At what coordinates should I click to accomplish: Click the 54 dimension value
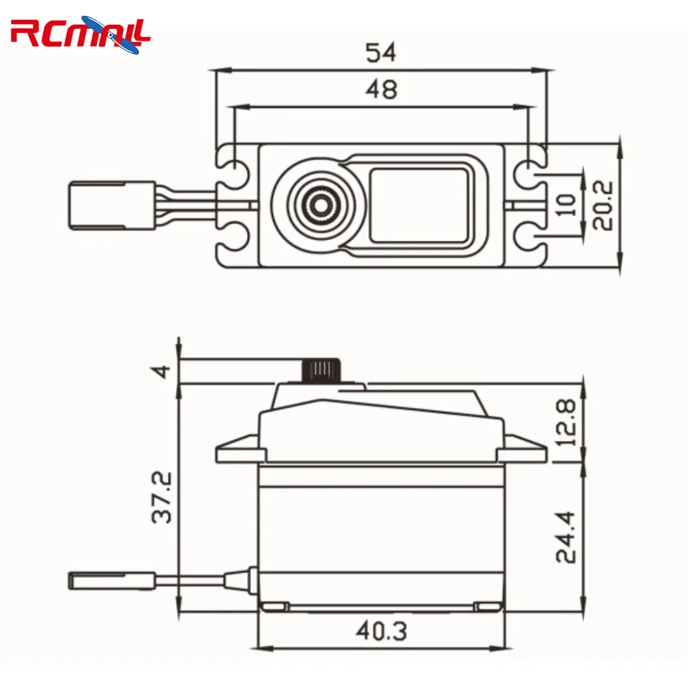(382, 53)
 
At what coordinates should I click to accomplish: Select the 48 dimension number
(382, 89)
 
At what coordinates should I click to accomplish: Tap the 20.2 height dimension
(603, 206)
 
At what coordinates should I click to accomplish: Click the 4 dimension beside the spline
(162, 371)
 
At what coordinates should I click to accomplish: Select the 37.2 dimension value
(162, 497)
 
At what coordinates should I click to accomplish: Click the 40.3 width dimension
(382, 630)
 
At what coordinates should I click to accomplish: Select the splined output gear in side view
(321, 369)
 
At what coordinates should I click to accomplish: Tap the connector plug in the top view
(110, 204)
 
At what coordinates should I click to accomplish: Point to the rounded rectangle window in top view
(420, 204)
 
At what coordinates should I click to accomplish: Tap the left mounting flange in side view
(238, 451)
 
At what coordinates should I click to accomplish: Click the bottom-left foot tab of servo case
(274, 606)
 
